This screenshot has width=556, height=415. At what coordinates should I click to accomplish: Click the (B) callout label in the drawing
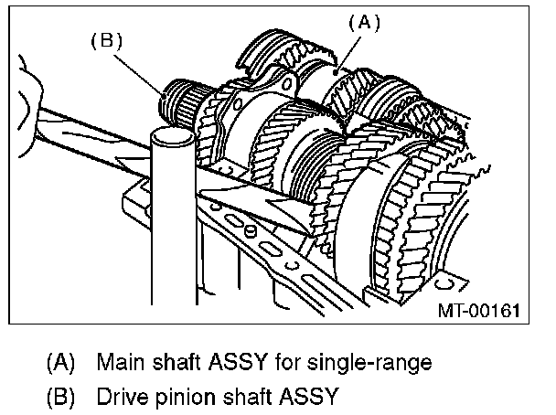(x=107, y=41)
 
